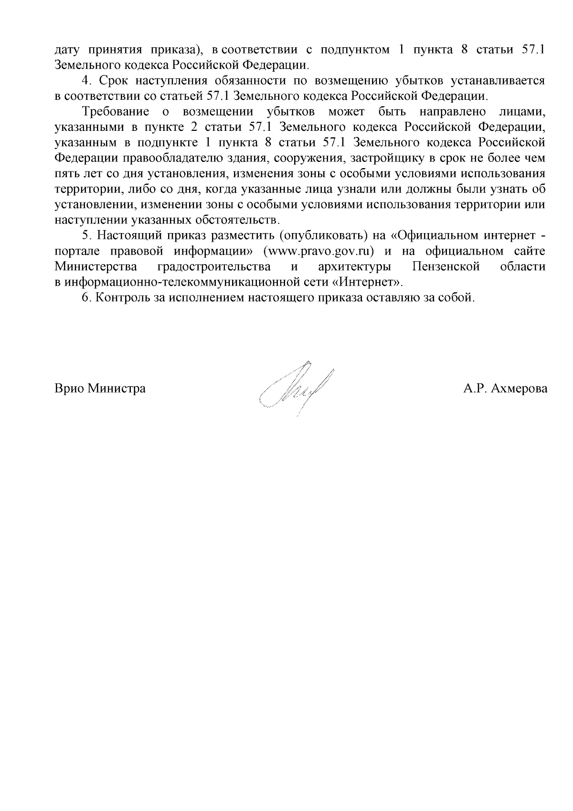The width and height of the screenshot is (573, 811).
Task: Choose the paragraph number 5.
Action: [x=86, y=236]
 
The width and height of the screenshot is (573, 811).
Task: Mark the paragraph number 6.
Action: [x=86, y=298]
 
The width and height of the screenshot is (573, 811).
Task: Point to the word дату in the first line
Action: [x=67, y=50]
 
